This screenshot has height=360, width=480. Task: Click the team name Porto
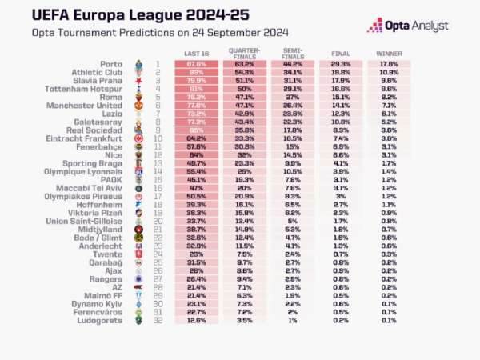(114, 64)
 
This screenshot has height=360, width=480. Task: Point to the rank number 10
(158, 139)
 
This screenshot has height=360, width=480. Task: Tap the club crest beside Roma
(138, 98)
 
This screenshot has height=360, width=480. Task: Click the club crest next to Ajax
(138, 270)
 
